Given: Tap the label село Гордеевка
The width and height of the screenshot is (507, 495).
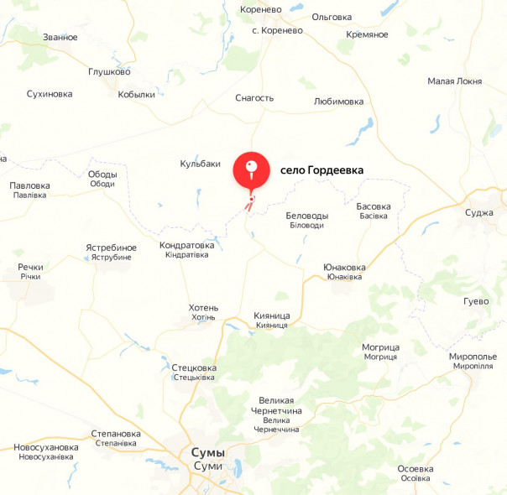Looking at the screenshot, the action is (321, 170).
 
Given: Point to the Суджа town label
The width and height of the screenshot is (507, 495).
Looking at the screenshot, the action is (479, 212).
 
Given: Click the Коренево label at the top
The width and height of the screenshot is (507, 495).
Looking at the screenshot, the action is (259, 10).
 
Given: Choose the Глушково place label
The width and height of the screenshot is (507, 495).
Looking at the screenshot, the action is (109, 72).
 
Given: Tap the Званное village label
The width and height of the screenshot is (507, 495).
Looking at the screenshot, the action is (60, 37).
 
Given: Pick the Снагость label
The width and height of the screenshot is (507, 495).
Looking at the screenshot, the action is (254, 98).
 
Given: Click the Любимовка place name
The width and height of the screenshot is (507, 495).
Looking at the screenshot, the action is (338, 102).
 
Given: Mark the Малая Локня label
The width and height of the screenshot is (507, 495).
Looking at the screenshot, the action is (454, 81).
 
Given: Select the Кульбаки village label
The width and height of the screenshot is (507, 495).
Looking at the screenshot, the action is (200, 164).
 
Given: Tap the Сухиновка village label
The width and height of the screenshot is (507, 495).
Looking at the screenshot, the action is (50, 94).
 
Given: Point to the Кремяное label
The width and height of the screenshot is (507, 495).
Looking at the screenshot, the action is (367, 34).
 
